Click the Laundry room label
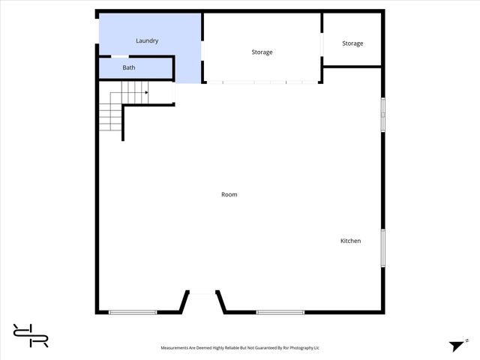pyautogui.click(x=147, y=40)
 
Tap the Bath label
pyautogui.click(x=129, y=68)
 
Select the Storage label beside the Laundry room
pyautogui.click(x=262, y=52)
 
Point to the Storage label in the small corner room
pyautogui.click(x=352, y=43)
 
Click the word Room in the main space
pyautogui.click(x=229, y=195)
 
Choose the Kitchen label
pyautogui.click(x=351, y=241)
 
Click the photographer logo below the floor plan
pyautogui.click(x=31, y=335)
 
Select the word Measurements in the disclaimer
pyautogui.click(x=177, y=348)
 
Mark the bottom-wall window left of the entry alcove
pyautogui.click(x=133, y=312)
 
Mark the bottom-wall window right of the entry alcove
pyautogui.click(x=280, y=312)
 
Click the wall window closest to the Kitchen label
pyautogui.click(x=382, y=247)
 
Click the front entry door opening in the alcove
pyautogui.click(x=202, y=292)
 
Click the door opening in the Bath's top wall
pyautogui.click(x=119, y=55)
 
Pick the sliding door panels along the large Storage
pyautogui.click(x=262, y=82)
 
